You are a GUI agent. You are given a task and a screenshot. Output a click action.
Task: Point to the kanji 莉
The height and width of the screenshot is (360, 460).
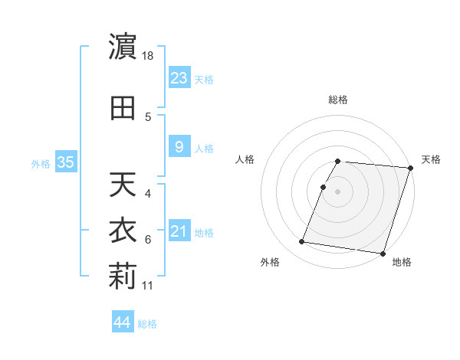[123, 277]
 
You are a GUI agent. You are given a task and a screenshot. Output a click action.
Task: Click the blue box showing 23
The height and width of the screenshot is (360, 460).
[179, 77]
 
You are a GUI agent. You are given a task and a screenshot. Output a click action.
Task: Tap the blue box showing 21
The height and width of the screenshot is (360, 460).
[179, 231]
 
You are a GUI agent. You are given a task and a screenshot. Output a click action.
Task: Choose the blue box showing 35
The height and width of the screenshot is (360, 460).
[65, 162]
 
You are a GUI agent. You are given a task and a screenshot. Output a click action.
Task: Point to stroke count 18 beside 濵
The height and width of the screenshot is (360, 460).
[149, 56]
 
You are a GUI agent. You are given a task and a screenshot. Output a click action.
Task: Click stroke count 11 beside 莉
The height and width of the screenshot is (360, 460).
[149, 285]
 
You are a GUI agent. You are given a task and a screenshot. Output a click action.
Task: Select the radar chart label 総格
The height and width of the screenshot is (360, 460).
[337, 100]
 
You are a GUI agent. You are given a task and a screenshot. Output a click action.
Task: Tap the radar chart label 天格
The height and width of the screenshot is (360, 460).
[431, 159]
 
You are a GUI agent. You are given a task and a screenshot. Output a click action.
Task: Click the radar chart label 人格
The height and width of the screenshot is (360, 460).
[245, 159]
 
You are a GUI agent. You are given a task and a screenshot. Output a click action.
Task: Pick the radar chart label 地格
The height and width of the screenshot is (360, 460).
[402, 262]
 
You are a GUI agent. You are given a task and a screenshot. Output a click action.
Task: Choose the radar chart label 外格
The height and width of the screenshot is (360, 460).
[270, 262]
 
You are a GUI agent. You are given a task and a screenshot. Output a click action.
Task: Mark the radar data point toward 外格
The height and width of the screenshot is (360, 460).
[302, 241]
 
